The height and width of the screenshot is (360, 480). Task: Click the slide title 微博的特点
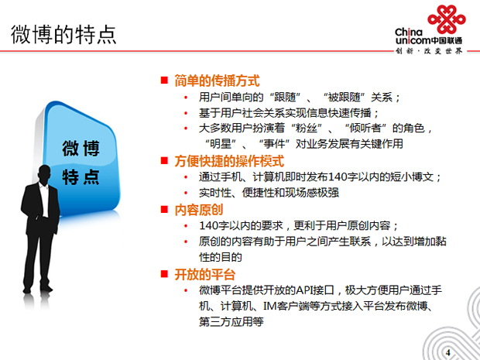coord(63,34)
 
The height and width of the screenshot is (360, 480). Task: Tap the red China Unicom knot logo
coord(447,19)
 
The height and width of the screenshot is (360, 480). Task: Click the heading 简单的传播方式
coord(217,81)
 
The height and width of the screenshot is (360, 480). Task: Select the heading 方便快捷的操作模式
coord(229,161)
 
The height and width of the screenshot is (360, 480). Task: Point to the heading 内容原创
coord(199,210)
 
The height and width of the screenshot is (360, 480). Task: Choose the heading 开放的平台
coord(205,274)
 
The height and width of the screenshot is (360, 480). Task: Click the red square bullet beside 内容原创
coord(164,209)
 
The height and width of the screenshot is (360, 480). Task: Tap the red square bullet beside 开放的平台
coord(164,273)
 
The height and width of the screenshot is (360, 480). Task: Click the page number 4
coord(448,352)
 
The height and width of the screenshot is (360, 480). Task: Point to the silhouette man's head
coord(45,174)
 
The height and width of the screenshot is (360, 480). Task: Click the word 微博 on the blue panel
coord(81,149)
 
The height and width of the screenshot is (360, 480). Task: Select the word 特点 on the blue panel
coord(81,177)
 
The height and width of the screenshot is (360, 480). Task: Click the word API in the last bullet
coord(307,290)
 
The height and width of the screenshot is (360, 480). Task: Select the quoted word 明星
coord(221,143)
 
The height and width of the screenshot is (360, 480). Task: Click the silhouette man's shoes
coord(36,289)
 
